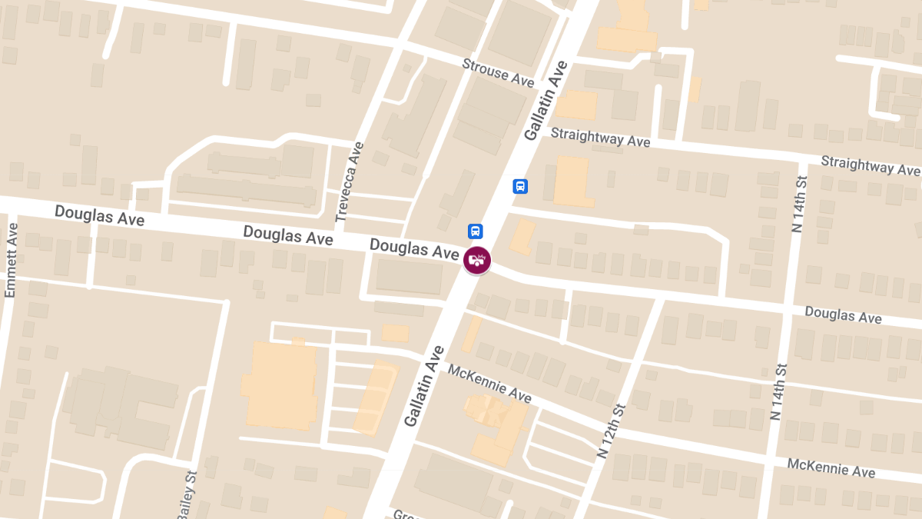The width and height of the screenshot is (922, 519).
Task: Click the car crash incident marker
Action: pos(477,261)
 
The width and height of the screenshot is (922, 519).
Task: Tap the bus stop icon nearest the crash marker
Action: pos(476,231)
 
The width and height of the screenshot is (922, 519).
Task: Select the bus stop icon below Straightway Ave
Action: pos(520,186)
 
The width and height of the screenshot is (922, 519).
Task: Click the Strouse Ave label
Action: pos(498,72)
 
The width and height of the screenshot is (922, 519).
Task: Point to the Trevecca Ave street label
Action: pos(349,182)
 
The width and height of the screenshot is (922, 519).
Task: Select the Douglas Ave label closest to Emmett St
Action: pos(99,215)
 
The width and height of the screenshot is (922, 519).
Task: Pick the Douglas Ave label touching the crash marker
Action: pos(414,248)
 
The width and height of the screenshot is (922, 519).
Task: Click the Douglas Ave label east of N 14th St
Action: pos(843,314)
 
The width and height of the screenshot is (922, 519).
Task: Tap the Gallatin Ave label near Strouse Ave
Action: pos(546,101)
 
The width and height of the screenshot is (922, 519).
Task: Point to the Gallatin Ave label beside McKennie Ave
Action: pos(424,387)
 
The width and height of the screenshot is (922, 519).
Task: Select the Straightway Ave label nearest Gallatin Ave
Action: pos(601,138)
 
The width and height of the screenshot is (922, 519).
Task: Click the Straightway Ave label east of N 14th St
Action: pos(870,165)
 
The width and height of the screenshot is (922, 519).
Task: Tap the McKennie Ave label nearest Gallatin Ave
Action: pos(489,383)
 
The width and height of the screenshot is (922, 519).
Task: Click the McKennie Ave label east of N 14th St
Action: pos(831,467)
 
